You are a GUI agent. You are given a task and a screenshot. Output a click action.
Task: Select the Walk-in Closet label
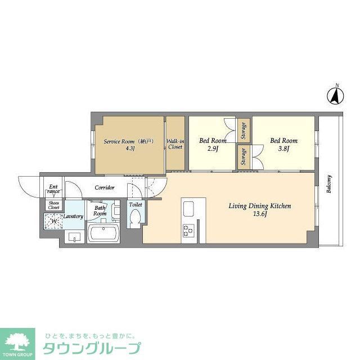pyautogui.click(x=175, y=143)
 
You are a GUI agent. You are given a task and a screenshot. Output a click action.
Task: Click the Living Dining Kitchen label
pyautogui.click(x=259, y=206)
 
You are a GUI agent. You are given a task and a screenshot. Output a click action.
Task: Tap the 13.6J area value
pyautogui.click(x=259, y=214)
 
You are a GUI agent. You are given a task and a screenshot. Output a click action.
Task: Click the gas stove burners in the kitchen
pyautogui.click(x=187, y=230)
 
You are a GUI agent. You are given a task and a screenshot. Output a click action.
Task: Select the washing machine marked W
pyautogui.click(x=54, y=221)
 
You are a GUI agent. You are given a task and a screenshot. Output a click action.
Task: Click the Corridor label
pyautogui.click(x=105, y=187)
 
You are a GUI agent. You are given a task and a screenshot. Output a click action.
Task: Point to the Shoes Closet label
pyautogui.click(x=54, y=205)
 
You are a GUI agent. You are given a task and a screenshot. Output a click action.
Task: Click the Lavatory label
pyautogui.click(x=73, y=217)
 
